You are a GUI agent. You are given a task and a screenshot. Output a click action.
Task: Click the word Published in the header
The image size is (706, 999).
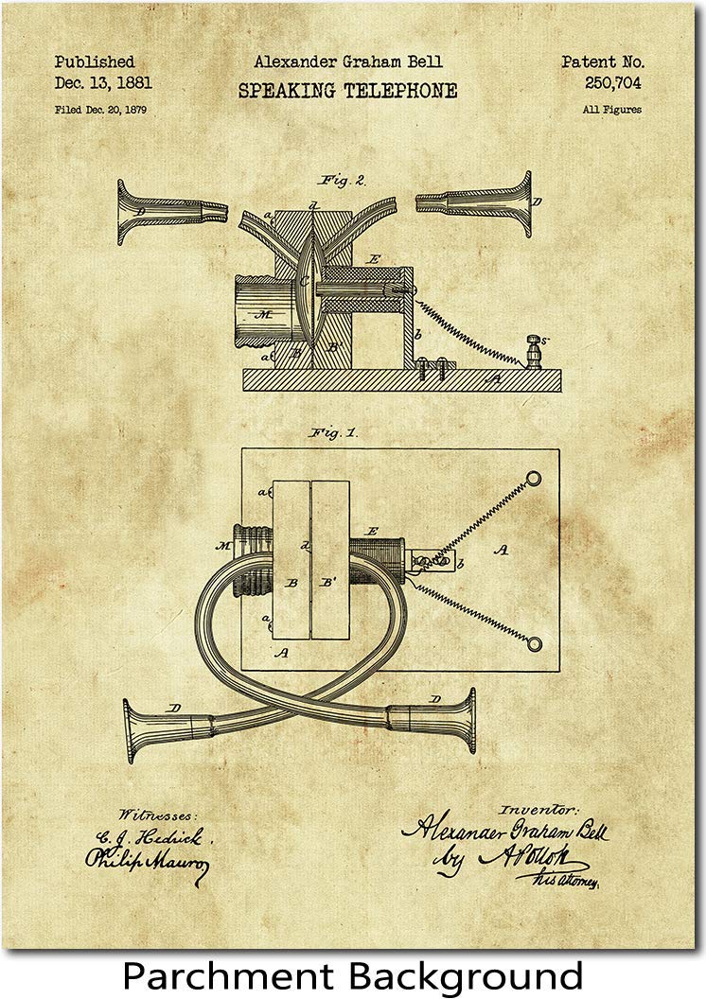[95, 62]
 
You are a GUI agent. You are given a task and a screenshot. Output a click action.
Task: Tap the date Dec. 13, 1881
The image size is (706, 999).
[103, 83]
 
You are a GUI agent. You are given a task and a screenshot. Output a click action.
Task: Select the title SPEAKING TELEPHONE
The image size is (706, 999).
[347, 92]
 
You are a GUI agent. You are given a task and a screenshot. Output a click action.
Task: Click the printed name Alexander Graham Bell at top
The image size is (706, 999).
[347, 62]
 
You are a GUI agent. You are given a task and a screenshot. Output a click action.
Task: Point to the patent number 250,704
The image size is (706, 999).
[612, 83]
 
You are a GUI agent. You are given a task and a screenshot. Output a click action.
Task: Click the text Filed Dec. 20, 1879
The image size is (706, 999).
[100, 110]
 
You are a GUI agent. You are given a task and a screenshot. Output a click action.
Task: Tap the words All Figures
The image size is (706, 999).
[611, 110]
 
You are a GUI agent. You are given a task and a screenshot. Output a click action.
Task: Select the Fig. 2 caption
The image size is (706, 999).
[339, 177]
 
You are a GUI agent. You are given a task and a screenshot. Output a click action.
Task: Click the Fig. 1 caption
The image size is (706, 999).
[333, 432]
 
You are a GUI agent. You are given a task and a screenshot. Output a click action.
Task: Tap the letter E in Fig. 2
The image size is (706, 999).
[375, 257]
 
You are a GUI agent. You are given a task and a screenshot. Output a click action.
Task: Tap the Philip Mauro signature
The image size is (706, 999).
[147, 861]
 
